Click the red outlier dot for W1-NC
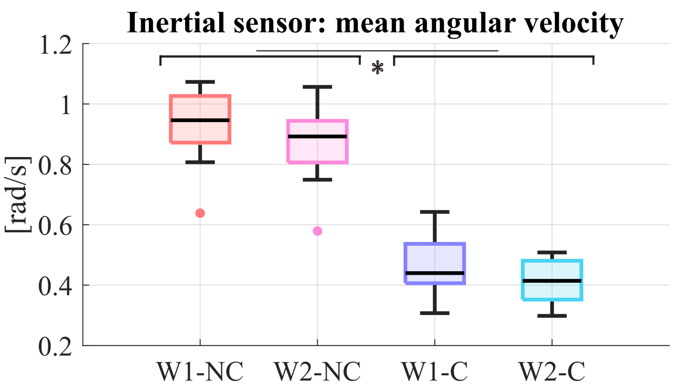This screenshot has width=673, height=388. (x=200, y=213)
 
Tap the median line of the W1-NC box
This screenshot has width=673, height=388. (x=200, y=120)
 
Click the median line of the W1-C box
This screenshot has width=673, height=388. (x=434, y=273)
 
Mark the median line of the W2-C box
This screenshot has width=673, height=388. (x=552, y=281)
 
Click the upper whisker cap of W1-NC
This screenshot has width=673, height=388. (x=200, y=82)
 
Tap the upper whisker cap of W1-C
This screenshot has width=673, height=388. (x=434, y=212)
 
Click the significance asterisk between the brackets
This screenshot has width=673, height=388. (x=377, y=68)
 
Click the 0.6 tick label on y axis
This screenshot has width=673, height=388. (x=55, y=227)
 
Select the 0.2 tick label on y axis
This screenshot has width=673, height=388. (x=55, y=347)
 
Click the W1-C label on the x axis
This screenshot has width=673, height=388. (x=434, y=372)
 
